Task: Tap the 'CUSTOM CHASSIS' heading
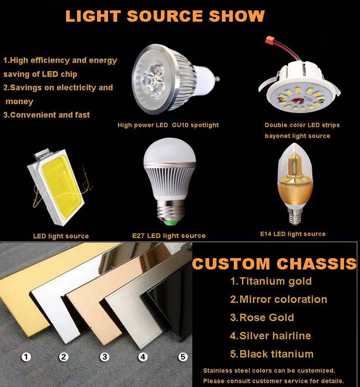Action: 274,263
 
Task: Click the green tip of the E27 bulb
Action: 170,223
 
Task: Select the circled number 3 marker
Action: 105,357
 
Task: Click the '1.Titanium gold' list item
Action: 271,281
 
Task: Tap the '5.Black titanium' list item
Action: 272,354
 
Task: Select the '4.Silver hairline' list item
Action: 271,336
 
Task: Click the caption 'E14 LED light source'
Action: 293,234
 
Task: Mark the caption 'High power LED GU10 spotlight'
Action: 168,125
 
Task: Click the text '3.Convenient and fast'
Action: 46,115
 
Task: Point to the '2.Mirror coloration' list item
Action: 278,299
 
